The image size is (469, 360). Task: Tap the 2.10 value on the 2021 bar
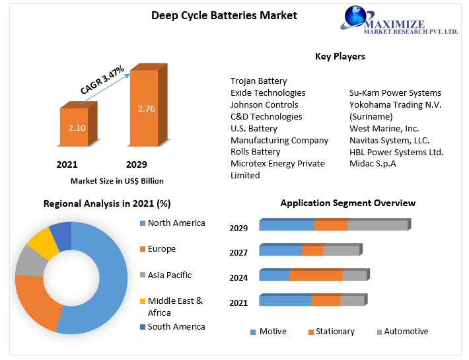pos(77,127)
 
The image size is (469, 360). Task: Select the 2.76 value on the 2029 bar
pos(146,109)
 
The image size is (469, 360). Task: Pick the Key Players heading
pos(340,57)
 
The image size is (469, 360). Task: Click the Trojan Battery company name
pos(258,81)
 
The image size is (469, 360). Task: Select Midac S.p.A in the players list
pos(373,164)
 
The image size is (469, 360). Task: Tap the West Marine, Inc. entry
pos(384,128)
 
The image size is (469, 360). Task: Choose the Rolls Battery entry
pos(255,152)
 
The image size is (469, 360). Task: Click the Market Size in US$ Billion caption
pos(117,180)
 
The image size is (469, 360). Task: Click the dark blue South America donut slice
pos(61,235)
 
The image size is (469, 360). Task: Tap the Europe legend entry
pos(161,249)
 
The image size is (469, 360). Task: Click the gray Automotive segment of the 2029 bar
pos(377,225)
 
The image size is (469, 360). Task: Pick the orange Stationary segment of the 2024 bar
pos(315,275)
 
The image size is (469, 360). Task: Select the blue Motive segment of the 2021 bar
pos(285,301)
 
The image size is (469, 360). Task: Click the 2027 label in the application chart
pos(238,252)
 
